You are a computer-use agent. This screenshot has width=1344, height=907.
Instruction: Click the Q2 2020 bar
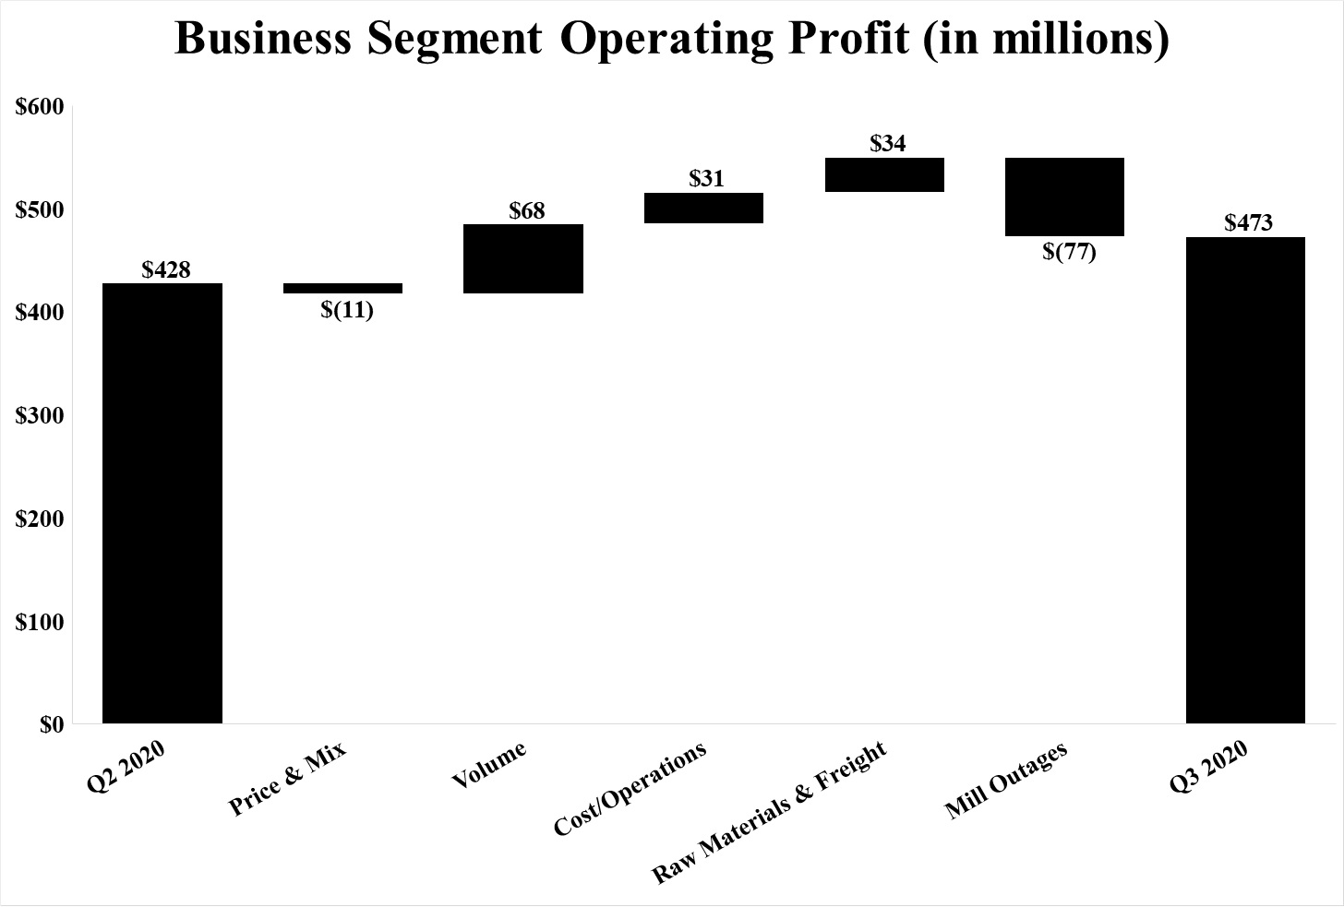pos(162,503)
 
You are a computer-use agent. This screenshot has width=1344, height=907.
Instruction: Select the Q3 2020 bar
pos(1245,480)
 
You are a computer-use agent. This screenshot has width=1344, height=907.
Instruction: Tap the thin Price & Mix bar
pos(342,288)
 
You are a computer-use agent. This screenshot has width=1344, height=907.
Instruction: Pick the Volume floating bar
pos(522,258)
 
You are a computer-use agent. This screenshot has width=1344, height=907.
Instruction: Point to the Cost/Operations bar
pos(703,208)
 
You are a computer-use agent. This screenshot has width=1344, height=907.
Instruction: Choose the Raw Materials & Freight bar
pos(884,174)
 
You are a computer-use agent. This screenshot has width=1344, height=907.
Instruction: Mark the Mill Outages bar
pos(1064,197)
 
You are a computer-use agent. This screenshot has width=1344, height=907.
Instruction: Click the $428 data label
pos(166,269)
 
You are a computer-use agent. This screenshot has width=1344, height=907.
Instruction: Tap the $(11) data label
pos(347,310)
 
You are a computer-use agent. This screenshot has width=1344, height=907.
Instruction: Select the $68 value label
pos(527,210)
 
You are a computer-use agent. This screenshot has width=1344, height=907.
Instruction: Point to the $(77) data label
pos(1069,252)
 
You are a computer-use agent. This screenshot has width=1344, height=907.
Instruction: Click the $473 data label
pos(1248,222)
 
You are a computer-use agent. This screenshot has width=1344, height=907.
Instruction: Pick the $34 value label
pos(888,143)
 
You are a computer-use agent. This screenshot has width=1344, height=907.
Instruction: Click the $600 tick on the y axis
pos(40,107)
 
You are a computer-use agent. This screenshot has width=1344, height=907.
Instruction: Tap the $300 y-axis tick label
pos(40,416)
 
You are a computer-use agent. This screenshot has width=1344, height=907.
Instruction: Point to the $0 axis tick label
pos(52,725)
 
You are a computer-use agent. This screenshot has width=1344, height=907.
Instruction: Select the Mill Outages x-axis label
pos(1006,781)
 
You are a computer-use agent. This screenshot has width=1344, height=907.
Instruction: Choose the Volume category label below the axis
pos(489,765)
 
